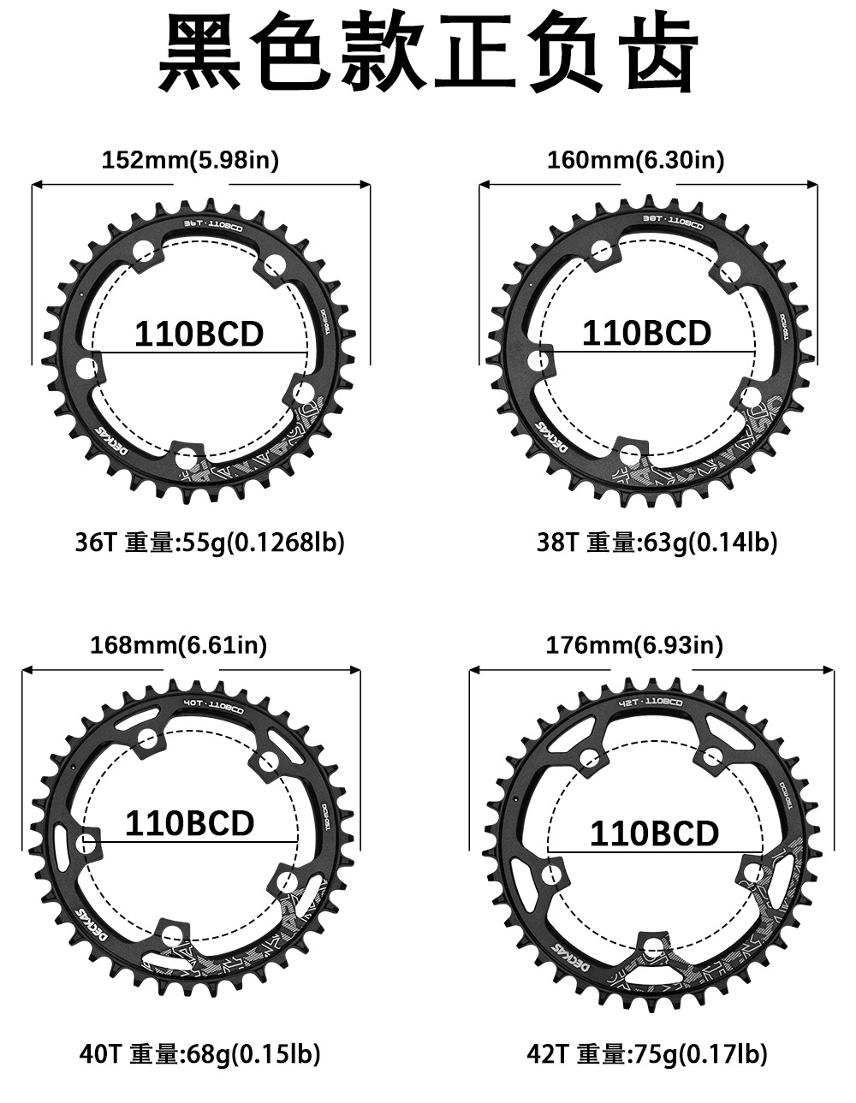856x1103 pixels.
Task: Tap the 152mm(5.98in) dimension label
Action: (190, 160)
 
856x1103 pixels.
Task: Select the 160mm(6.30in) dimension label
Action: (635, 160)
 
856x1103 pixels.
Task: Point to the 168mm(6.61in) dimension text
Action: (179, 644)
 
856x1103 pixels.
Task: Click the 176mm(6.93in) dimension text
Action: (634, 644)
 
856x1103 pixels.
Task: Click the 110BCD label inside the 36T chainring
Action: (199, 334)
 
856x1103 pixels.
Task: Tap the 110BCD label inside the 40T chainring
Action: (189, 822)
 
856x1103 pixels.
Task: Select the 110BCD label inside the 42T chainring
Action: (654, 833)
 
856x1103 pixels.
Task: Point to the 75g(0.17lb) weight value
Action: (698, 1054)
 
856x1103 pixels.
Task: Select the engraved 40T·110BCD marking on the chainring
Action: (213, 707)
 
